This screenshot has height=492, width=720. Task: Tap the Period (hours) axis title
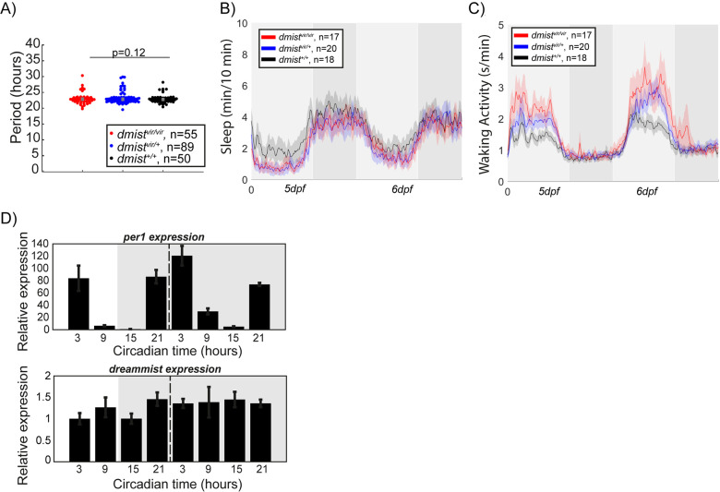[12, 102]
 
